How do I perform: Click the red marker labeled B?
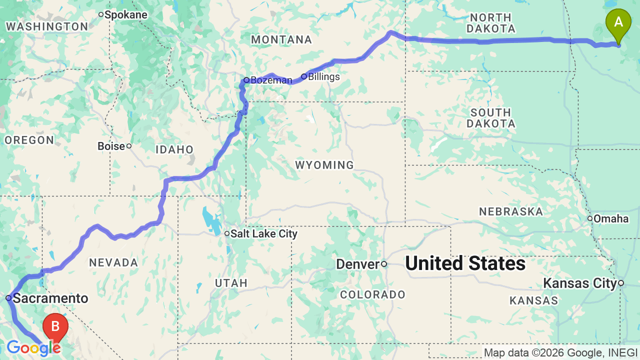point(55,327)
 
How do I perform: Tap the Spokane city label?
point(125,14)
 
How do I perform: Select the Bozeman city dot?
point(246,80)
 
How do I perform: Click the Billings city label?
point(323,76)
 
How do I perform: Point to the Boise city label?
point(111,146)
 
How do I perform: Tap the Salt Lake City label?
point(263,233)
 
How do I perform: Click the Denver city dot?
point(384,264)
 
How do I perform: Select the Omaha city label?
point(611,218)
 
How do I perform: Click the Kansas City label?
point(580,283)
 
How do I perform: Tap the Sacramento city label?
point(50,298)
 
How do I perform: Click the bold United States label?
point(465,263)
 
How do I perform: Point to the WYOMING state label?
point(324,165)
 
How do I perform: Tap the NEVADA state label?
point(113,262)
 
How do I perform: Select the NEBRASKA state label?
point(511,211)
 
